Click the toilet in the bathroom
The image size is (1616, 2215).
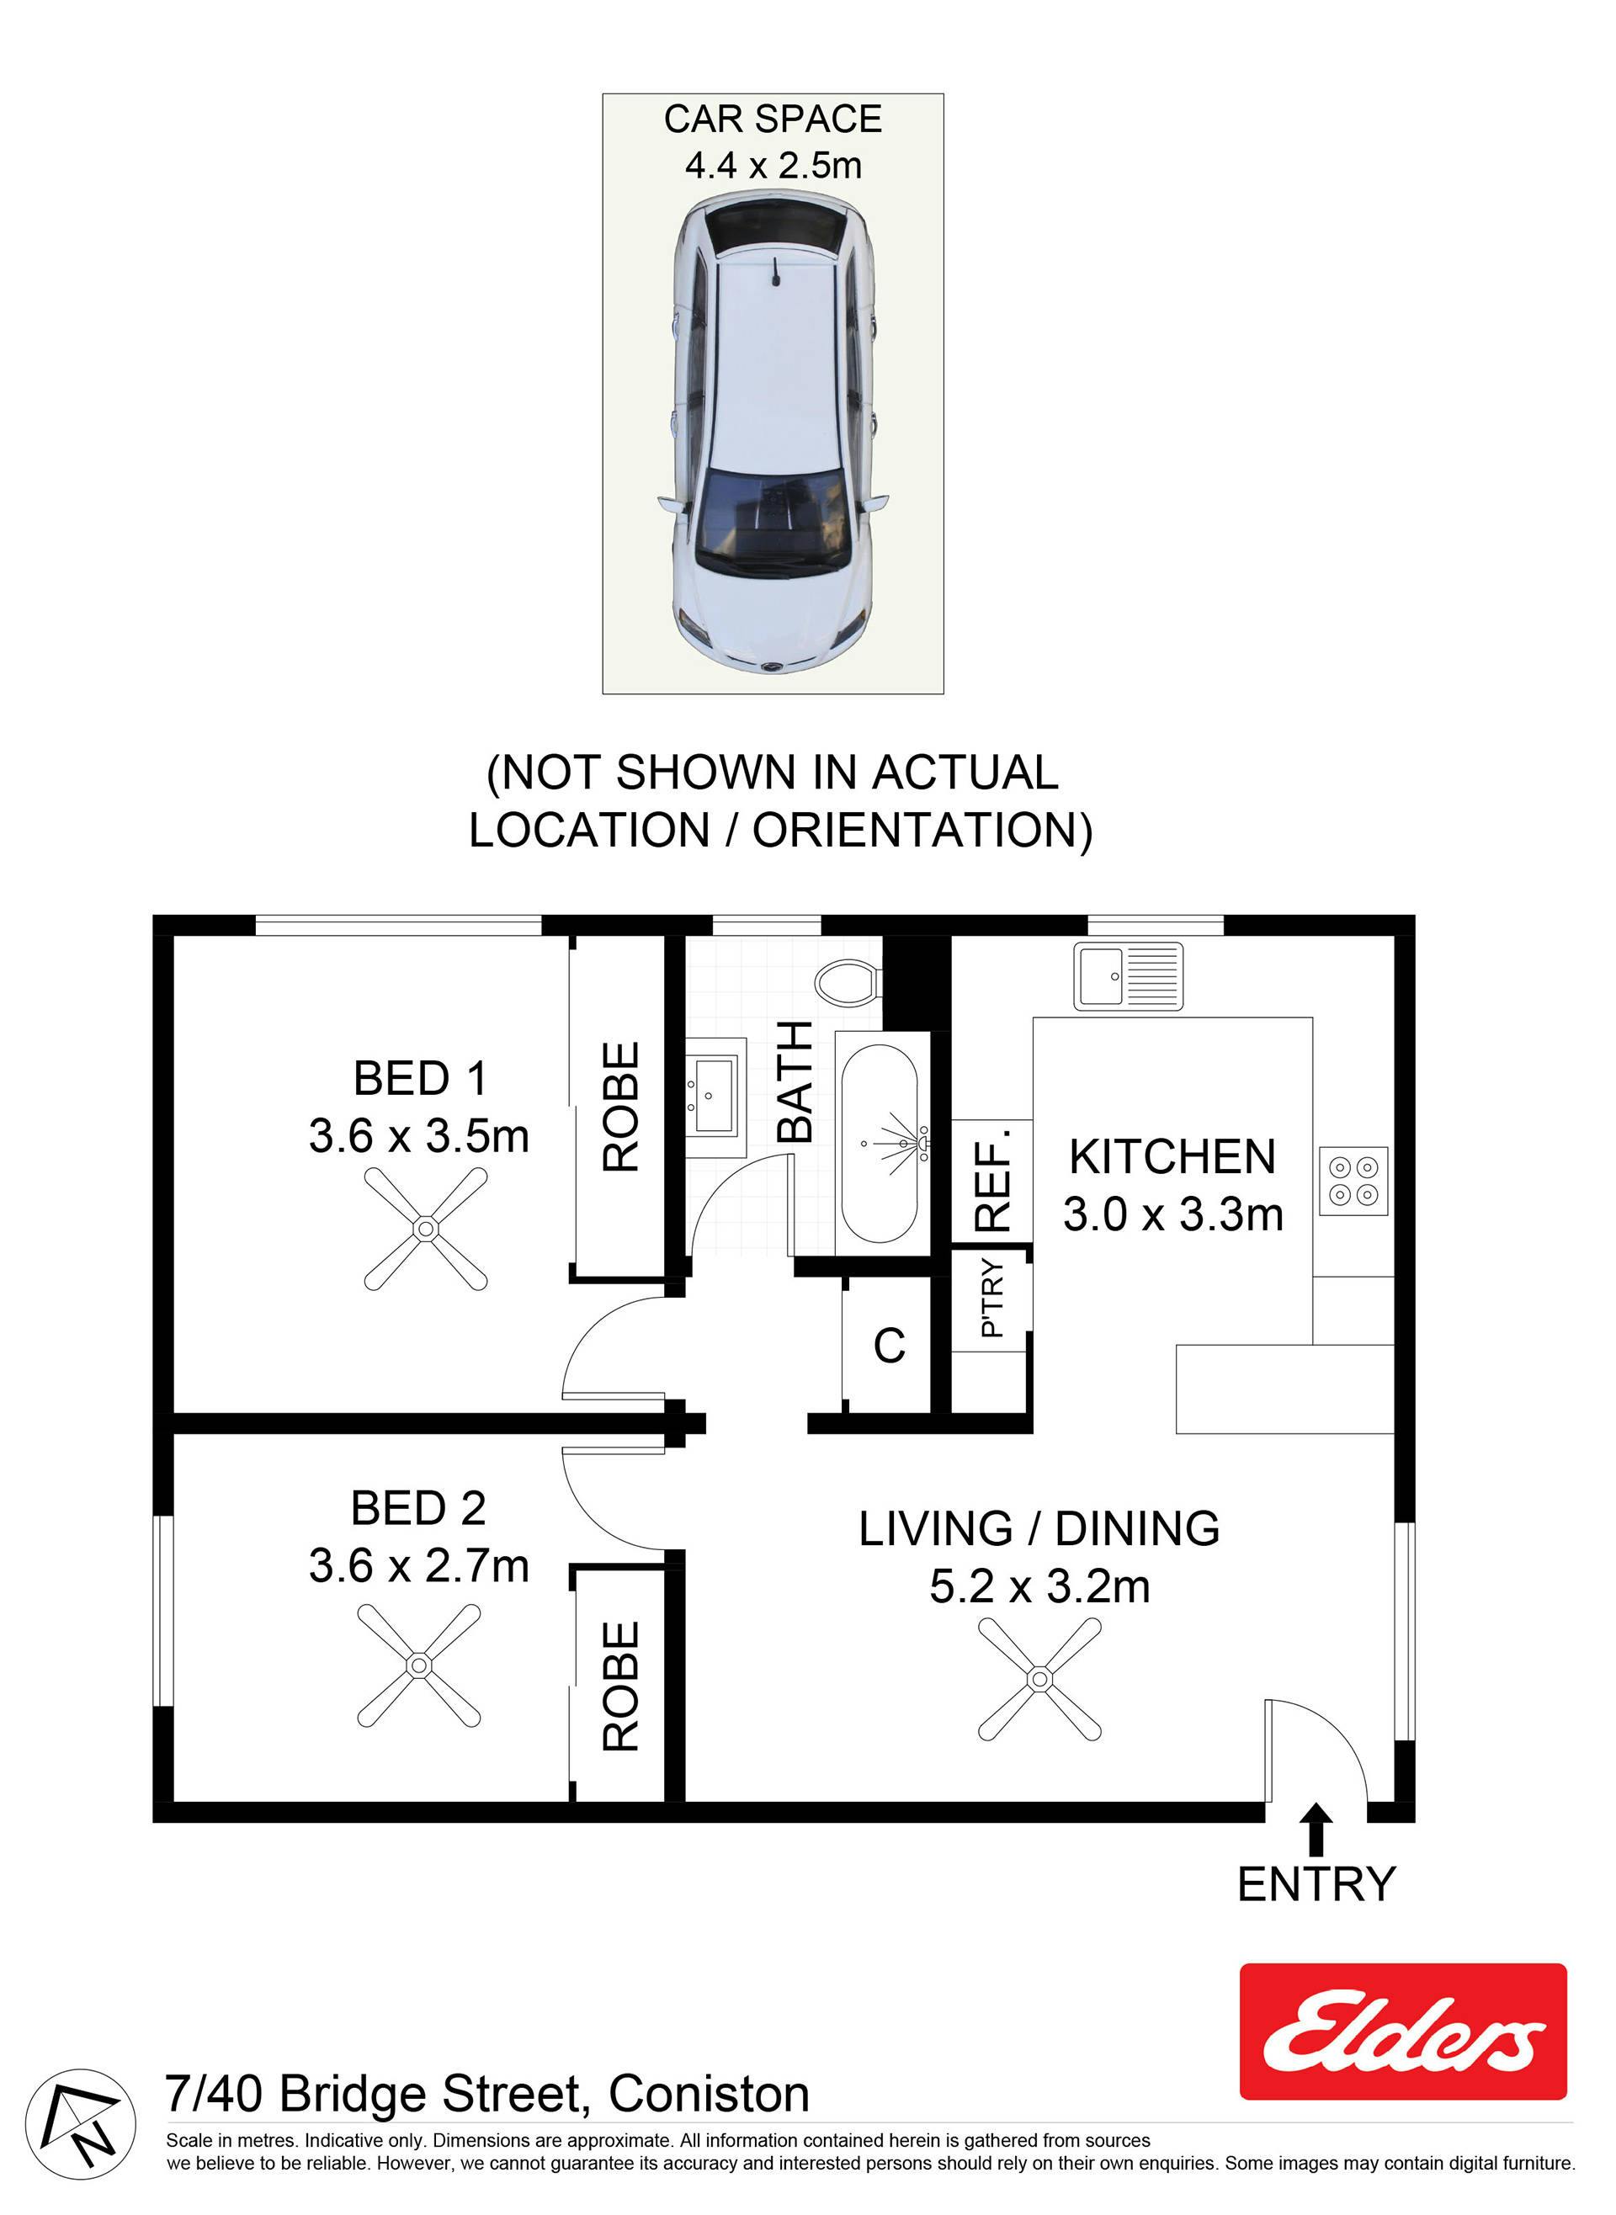click(849, 982)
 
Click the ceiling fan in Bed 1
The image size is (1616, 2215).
click(426, 1229)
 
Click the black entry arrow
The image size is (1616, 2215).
click(1316, 1830)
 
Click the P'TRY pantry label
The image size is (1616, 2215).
click(991, 1298)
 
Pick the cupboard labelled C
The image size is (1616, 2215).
click(888, 1347)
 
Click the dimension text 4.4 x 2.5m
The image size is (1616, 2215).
click(773, 165)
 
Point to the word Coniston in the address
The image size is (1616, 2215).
click(710, 2095)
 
